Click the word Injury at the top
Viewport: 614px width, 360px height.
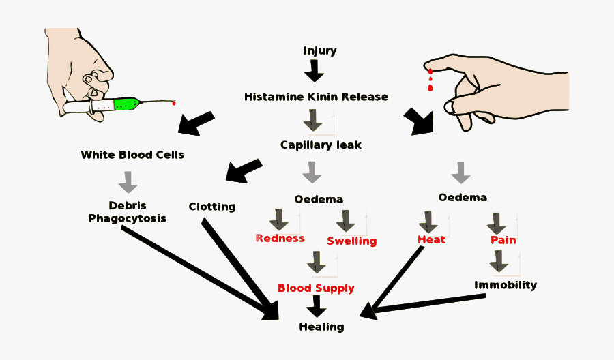click(x=319, y=50)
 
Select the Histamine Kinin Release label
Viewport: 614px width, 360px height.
click(x=316, y=97)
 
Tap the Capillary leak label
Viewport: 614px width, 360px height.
click(x=321, y=145)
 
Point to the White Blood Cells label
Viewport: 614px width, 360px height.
click(x=132, y=155)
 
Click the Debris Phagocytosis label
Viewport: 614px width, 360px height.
click(x=128, y=212)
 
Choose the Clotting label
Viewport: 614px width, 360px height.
click(x=212, y=207)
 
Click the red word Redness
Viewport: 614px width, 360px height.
click(x=280, y=239)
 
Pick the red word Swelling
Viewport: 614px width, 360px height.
click(x=351, y=241)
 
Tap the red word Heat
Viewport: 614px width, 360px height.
click(x=432, y=239)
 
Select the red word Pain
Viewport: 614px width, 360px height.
click(x=503, y=240)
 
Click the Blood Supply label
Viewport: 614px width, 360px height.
click(x=316, y=288)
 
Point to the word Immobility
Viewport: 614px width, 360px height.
click(x=506, y=285)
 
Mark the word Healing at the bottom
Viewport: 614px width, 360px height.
click(x=321, y=327)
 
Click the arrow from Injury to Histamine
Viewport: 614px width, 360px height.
click(x=314, y=71)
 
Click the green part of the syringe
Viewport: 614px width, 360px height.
click(x=126, y=104)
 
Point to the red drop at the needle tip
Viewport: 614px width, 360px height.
click(x=174, y=103)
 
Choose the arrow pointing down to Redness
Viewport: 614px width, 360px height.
click(x=278, y=220)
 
